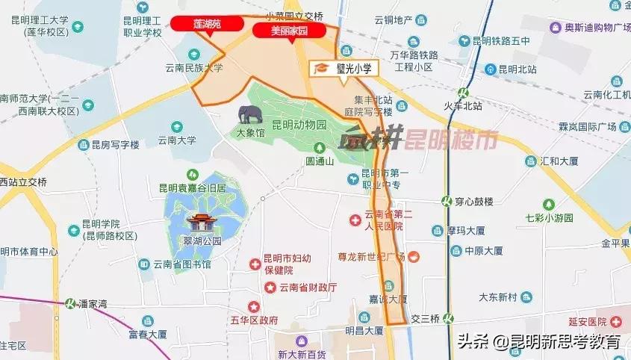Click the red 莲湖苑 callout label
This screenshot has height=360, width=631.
208,24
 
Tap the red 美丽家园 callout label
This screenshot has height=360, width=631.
289,31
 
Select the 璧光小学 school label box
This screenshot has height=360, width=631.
345,68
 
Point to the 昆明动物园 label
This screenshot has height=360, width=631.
299,125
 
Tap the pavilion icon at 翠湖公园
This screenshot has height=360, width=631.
202,222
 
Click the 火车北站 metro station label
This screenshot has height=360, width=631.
463,105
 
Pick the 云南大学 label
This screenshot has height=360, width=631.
176,139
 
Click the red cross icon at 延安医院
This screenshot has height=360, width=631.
617,321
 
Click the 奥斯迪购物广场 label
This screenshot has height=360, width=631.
589,28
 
